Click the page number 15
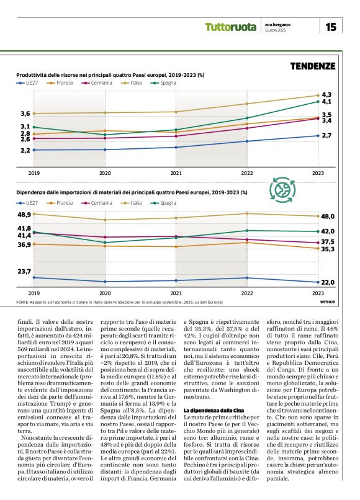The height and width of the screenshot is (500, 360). pyautogui.click(x=331, y=27)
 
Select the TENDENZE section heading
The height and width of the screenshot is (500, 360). pyautogui.click(x=313, y=65)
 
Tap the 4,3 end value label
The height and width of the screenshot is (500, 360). pyautogui.click(x=326, y=94)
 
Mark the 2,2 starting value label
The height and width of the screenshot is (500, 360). pyautogui.click(x=25, y=150)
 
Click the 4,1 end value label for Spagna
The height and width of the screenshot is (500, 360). pyautogui.click(x=326, y=102)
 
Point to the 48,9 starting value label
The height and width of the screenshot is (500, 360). pyautogui.click(x=24, y=215)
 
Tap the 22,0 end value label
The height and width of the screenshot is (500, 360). pyautogui.click(x=328, y=282)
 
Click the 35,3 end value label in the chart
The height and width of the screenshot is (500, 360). pyautogui.click(x=328, y=249)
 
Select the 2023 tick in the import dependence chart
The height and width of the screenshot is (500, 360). pyautogui.click(x=317, y=293)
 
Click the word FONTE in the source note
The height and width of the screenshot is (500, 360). pyautogui.click(x=24, y=302)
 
